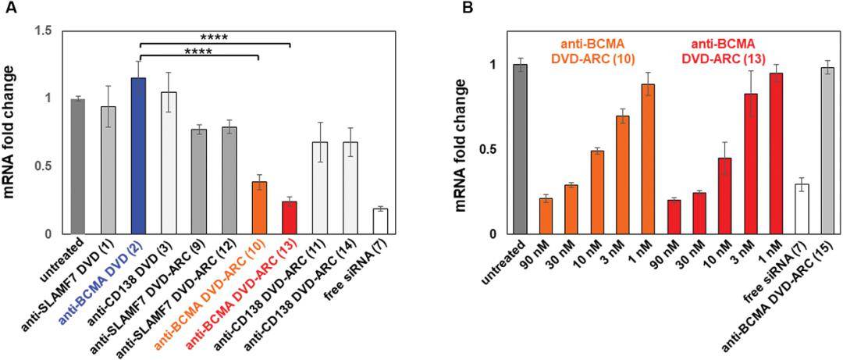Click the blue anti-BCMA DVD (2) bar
pyautogui.click(x=138, y=156)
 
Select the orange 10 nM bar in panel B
pyautogui.click(x=596, y=192)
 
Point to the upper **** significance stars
pyautogui.click(x=214, y=37)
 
